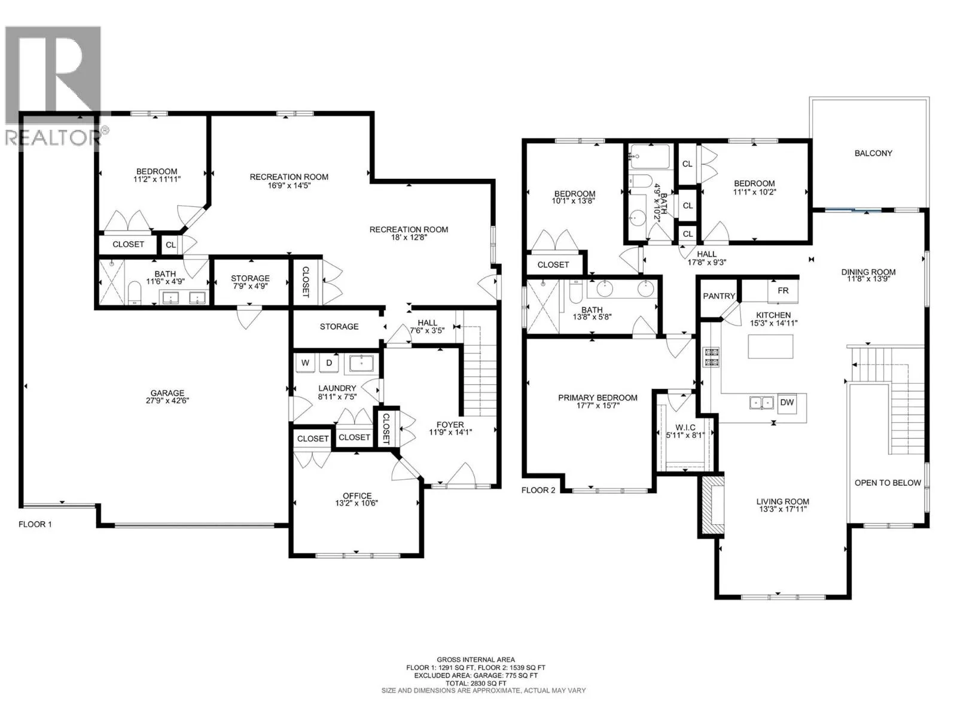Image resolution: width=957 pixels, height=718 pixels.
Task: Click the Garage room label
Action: pos(167,393)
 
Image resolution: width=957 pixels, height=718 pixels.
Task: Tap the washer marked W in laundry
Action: pos(305,363)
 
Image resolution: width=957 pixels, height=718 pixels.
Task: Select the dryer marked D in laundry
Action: pos(329,363)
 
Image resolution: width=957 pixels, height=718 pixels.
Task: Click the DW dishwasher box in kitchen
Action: pos(787,402)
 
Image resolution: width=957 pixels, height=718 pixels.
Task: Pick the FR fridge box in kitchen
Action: pos(783,290)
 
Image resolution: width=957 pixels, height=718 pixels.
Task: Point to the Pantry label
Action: pos(719,296)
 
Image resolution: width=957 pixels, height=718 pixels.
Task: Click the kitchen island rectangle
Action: pos(770,346)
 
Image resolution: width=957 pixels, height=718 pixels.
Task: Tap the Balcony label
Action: pos(873,153)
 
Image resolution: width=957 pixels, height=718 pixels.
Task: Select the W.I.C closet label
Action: pos(685,427)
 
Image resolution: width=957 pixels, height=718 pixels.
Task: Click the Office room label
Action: pos(357,495)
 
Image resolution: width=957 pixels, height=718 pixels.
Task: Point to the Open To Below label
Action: pos(888,482)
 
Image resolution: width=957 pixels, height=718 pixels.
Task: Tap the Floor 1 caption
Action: pos(35,524)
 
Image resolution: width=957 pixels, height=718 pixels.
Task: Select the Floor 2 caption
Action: pos(538,490)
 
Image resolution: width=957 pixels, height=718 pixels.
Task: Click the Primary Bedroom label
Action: pos(598,397)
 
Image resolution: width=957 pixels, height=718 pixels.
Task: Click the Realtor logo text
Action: pos(54,138)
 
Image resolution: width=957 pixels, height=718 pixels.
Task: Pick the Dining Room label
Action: pos(868,272)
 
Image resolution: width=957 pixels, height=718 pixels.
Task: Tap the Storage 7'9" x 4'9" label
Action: pos(250,278)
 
